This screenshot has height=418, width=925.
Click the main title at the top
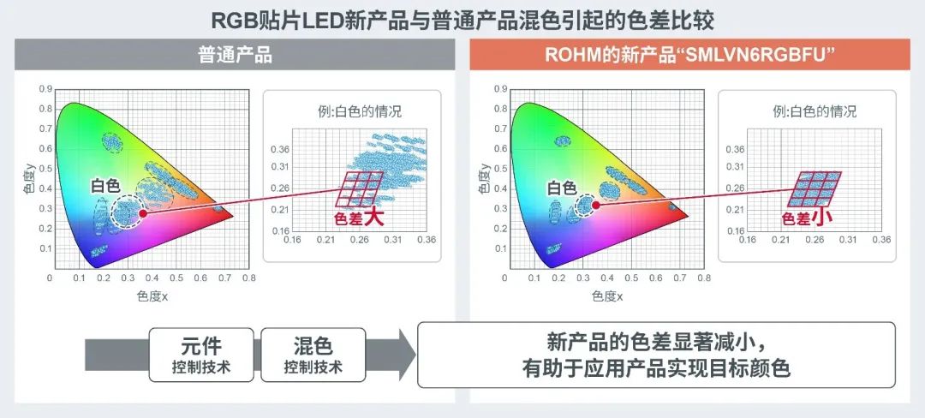pos(462,20)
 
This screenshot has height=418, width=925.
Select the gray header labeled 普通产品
pos(235,55)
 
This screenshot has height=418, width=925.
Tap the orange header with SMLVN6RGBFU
pos(689,55)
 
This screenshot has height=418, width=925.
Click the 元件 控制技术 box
pos(201,355)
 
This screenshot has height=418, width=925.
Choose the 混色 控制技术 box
pos(313,355)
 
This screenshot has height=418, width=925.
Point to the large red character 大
pos(373,218)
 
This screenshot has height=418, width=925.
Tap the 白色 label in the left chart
pos(105,186)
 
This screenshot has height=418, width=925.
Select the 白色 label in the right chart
pos(562,188)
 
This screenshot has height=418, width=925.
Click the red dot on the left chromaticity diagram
pos(143,213)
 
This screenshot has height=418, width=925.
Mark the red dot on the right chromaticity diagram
pos(596,206)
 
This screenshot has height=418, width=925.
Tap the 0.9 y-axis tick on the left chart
pos(45,89)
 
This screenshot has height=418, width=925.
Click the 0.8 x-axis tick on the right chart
pos(704,277)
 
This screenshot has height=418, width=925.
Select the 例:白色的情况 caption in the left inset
pos(359,110)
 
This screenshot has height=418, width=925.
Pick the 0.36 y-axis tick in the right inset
pos(735,149)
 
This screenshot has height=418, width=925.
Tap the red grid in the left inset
pos(359,189)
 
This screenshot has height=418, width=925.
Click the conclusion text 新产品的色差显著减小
pos(657,343)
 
